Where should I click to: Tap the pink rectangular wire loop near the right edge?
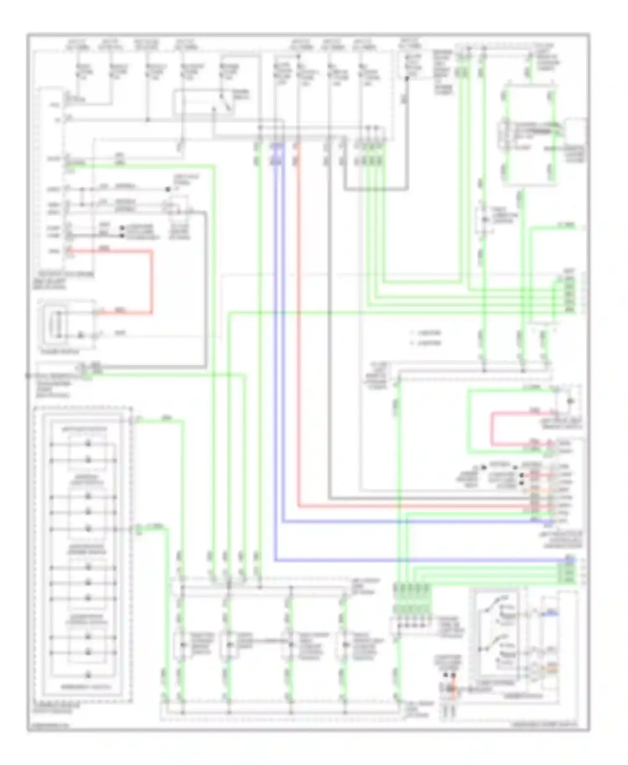(492, 429)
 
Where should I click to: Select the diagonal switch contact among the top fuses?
(226, 103)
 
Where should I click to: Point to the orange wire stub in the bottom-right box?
(553, 668)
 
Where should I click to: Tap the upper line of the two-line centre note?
(427, 333)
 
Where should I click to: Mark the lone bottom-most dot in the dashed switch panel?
(88, 675)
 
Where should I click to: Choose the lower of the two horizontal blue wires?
(419, 560)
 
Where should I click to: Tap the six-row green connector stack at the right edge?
(569, 295)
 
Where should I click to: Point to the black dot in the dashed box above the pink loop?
(570, 401)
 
